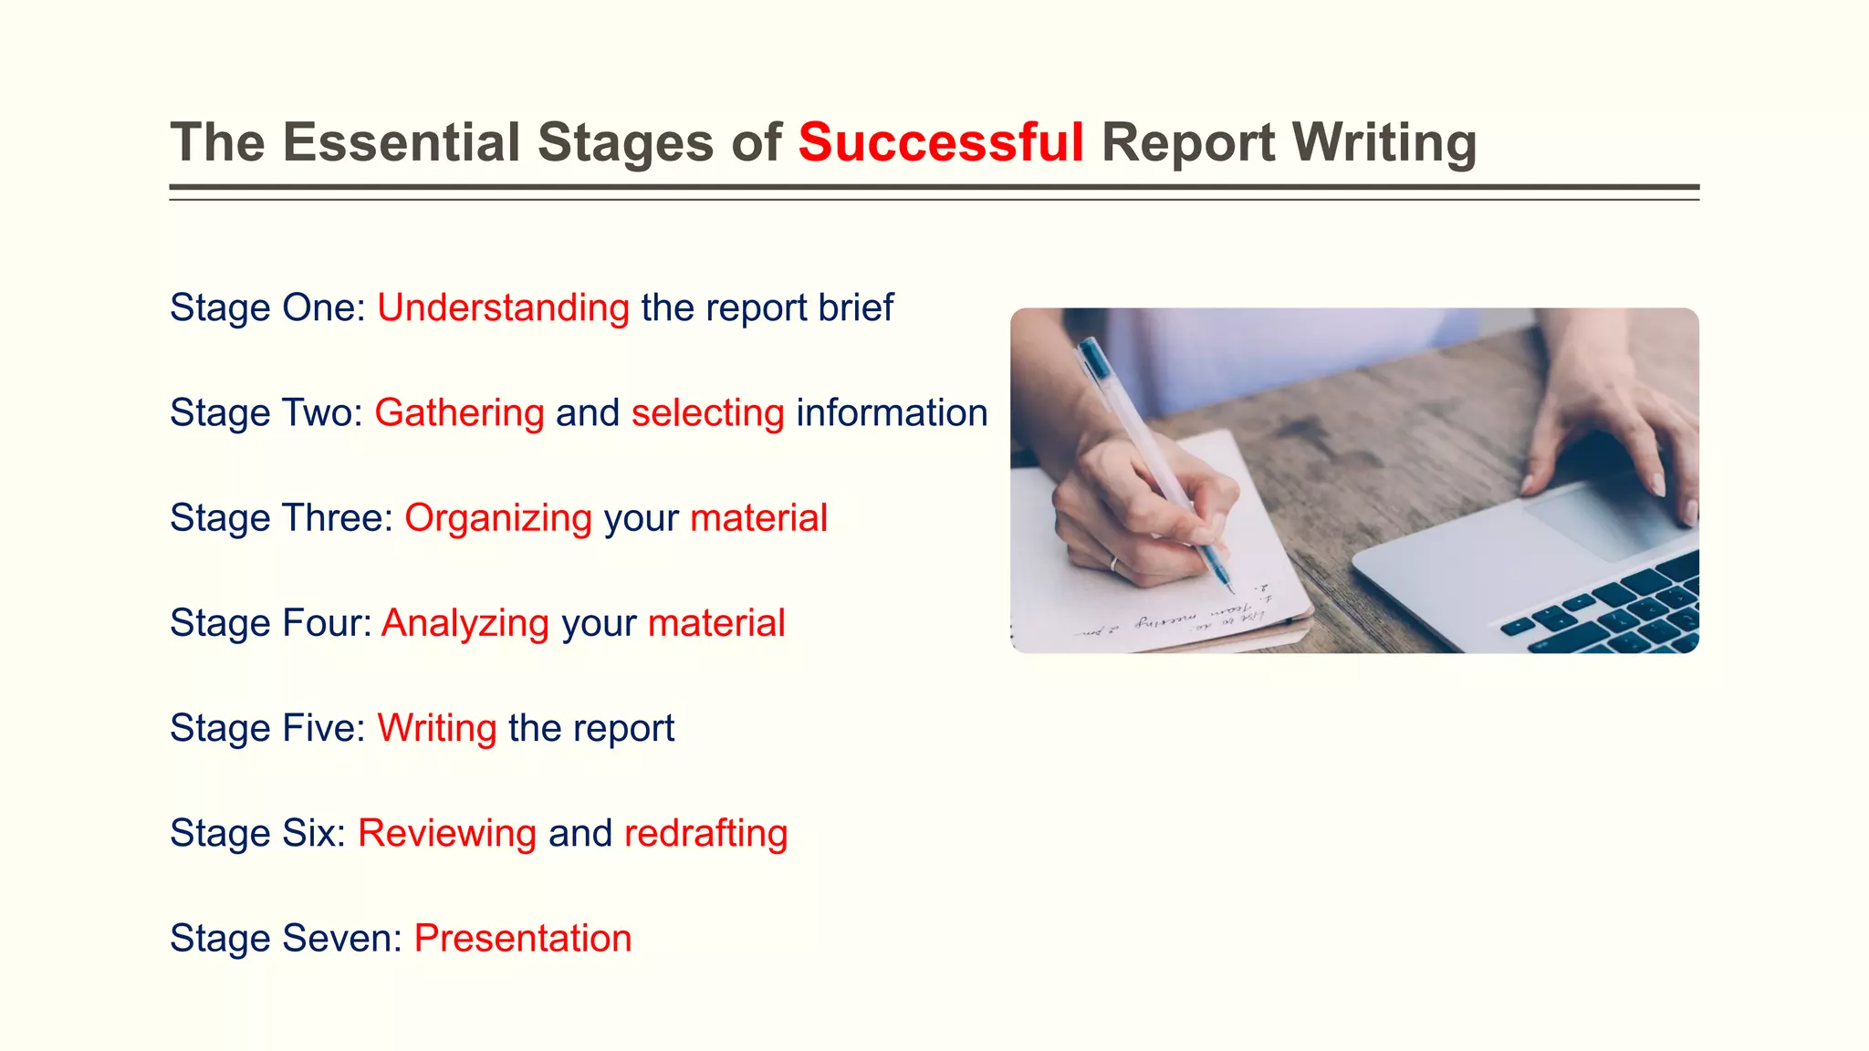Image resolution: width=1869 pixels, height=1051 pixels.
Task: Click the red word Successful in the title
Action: coord(941,143)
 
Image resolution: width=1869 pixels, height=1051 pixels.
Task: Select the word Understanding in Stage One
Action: coord(503,308)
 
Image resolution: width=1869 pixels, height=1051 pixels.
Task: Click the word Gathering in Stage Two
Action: coord(459,413)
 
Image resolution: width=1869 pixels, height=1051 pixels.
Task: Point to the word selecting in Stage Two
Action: coord(707,413)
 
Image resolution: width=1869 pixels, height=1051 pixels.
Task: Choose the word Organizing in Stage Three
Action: coord(498,518)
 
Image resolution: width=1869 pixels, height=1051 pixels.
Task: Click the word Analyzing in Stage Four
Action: coord(465,623)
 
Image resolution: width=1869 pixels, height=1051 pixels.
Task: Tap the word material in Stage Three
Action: coord(758,518)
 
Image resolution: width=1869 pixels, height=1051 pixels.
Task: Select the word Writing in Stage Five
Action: coord(437,728)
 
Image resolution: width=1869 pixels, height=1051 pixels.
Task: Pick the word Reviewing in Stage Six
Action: coord(447,833)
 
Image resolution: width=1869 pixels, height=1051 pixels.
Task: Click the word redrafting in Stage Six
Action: coord(705,833)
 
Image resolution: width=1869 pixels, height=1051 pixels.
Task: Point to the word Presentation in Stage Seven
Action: coord(523,938)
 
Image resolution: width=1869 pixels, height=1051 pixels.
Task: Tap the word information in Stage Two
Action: coord(892,413)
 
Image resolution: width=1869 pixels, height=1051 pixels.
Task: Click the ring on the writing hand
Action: coord(1114,563)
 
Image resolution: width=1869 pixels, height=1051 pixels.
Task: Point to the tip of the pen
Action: coord(1231,590)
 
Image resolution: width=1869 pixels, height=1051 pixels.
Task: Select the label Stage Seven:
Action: coord(286,938)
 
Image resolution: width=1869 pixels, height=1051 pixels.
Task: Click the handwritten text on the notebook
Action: coord(1177,618)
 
